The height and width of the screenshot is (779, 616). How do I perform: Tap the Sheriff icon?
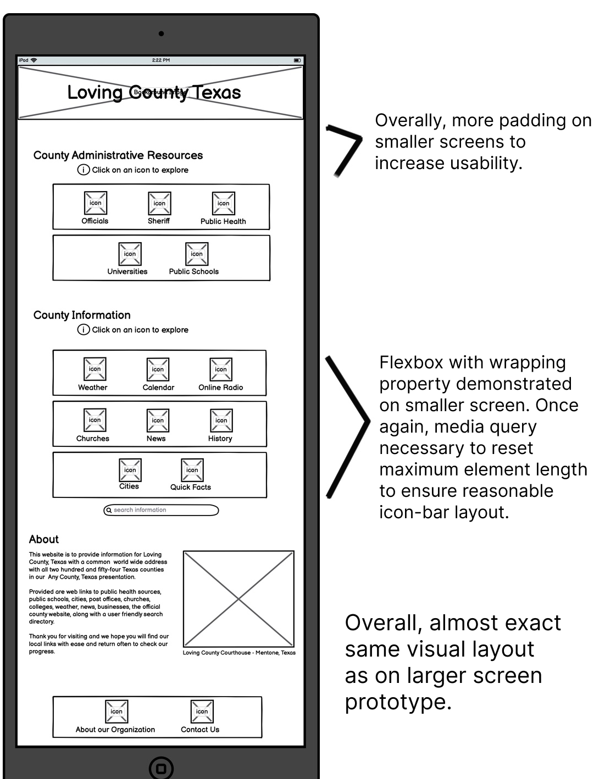[159, 203]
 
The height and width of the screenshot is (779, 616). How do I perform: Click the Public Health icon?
[223, 203]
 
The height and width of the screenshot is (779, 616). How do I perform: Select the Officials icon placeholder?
[95, 203]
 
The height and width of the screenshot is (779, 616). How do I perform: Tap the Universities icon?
[130, 254]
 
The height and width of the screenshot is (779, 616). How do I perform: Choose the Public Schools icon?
[196, 254]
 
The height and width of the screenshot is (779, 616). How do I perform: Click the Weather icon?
[95, 369]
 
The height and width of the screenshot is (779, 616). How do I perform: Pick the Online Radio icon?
[220, 369]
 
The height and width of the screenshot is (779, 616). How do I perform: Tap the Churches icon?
[95, 420]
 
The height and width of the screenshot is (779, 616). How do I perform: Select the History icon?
[221, 421]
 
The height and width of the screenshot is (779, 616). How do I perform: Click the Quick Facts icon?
[192, 470]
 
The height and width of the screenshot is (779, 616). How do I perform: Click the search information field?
[161, 510]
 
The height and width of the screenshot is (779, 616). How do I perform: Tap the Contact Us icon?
[202, 711]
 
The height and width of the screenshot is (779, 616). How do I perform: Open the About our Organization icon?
[116, 711]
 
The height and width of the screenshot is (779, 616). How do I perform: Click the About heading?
[44, 539]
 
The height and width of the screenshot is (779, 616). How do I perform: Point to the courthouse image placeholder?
[238, 599]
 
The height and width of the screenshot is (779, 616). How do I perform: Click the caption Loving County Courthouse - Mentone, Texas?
[239, 653]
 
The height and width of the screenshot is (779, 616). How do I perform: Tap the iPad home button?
[161, 767]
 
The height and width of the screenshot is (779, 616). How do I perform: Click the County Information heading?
[82, 315]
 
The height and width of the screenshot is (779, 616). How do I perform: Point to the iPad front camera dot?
[161, 33]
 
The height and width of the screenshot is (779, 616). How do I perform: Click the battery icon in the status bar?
[297, 60]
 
